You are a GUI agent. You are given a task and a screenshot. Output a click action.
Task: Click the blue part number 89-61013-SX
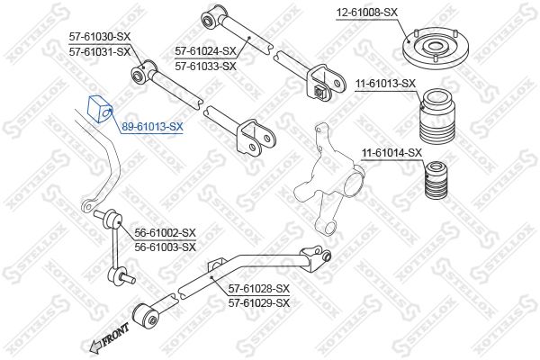152,127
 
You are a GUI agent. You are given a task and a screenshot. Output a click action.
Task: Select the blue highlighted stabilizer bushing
100,109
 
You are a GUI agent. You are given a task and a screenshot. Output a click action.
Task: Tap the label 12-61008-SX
367,13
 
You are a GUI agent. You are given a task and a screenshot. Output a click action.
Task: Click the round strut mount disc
436,49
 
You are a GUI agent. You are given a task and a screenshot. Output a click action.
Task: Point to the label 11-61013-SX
386,84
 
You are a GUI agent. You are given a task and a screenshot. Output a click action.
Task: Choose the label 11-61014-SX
391,152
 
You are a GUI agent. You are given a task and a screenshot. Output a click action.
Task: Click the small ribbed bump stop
436,180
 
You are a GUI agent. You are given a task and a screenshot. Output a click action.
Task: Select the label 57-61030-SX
100,37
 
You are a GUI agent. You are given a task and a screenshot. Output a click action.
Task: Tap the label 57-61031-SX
100,52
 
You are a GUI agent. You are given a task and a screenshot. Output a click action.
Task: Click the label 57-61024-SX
205,51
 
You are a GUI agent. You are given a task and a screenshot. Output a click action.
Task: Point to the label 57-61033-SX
205,66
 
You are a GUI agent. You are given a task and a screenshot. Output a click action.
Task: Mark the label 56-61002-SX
165,233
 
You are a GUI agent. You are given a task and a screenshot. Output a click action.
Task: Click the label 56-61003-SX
165,247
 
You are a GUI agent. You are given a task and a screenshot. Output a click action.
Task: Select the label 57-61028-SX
259,288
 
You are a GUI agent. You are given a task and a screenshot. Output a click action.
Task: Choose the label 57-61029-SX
259,303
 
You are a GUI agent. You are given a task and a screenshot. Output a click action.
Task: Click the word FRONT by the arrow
115,334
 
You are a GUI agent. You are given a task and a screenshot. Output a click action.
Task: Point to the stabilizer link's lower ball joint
120,277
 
